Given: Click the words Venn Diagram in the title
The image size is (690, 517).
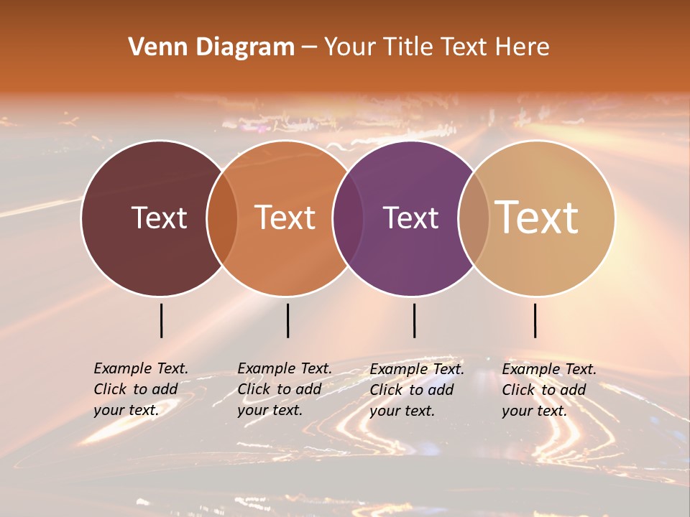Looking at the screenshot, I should click(211, 47).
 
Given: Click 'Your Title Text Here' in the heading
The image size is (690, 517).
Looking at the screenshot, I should click(436, 47).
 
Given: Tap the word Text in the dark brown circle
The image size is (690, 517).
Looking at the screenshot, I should click(159, 218).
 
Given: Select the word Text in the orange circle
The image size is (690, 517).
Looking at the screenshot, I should click(285, 218).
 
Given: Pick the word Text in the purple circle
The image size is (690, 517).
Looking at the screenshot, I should click(410, 218).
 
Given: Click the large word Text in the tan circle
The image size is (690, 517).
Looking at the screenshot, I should click(537, 217).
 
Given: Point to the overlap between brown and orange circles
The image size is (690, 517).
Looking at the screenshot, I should click(222, 218).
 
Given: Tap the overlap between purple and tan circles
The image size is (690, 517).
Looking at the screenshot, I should click(474, 218).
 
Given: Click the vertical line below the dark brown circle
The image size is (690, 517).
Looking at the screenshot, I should click(162, 320).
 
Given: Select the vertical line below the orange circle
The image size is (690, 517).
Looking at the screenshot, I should click(287, 320).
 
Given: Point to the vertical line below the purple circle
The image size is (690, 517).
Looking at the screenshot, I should click(415, 320).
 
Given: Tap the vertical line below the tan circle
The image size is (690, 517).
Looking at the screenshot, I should click(535, 320).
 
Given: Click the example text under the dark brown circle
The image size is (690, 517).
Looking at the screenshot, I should click(140, 389).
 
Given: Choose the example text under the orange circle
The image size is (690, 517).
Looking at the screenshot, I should click(284, 389).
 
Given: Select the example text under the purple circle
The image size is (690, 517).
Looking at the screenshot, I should click(416, 389).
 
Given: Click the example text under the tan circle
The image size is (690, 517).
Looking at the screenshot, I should click(548, 389).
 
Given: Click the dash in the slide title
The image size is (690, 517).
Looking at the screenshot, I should click(309, 47).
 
